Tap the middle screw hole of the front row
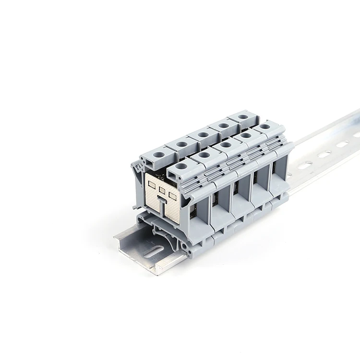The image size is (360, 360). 225,145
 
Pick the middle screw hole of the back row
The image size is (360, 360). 204,134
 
